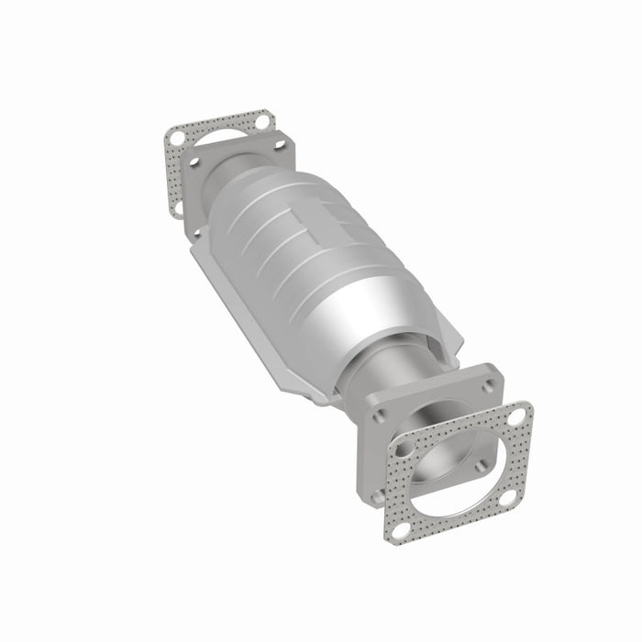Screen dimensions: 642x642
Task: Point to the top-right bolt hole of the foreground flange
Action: click(488, 385)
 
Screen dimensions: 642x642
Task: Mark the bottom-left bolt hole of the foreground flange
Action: click(378, 495)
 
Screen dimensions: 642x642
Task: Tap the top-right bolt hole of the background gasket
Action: click(263, 121)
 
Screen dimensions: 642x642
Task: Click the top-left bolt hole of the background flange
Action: click(194, 161)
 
